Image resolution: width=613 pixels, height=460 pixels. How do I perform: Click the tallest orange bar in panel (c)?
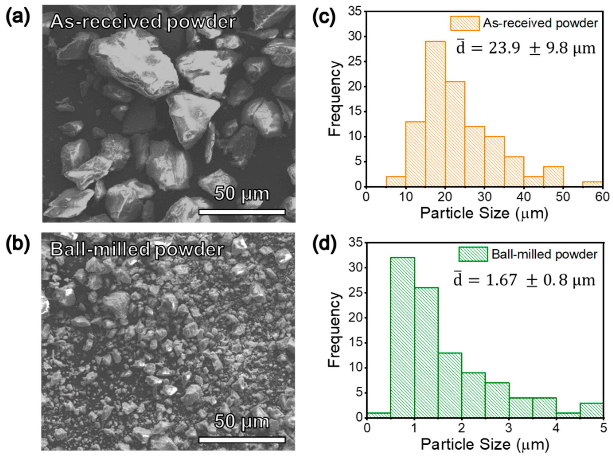click(x=435, y=113)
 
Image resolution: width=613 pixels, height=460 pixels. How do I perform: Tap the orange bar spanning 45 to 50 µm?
click(x=553, y=176)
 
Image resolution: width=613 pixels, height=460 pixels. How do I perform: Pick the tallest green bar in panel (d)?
click(x=403, y=338)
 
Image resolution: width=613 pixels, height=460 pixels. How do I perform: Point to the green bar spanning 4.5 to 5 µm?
click(x=592, y=410)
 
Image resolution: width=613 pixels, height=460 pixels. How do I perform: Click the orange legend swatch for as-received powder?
click(x=465, y=23)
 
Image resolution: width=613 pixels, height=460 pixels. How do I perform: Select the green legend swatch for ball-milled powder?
click(x=473, y=254)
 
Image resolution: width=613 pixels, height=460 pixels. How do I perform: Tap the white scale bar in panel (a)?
click(x=242, y=212)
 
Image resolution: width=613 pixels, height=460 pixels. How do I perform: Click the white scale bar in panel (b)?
click(x=242, y=440)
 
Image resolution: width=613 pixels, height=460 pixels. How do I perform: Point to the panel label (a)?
click(x=18, y=17)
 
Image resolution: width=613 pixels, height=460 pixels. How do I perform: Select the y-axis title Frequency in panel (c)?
click(x=334, y=99)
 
